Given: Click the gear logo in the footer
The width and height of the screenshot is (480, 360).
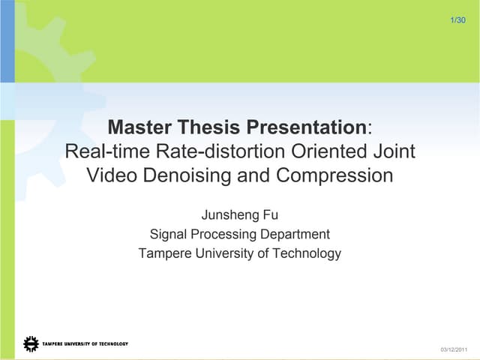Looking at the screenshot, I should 31,344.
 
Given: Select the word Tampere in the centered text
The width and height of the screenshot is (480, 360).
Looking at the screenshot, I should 165,253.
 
